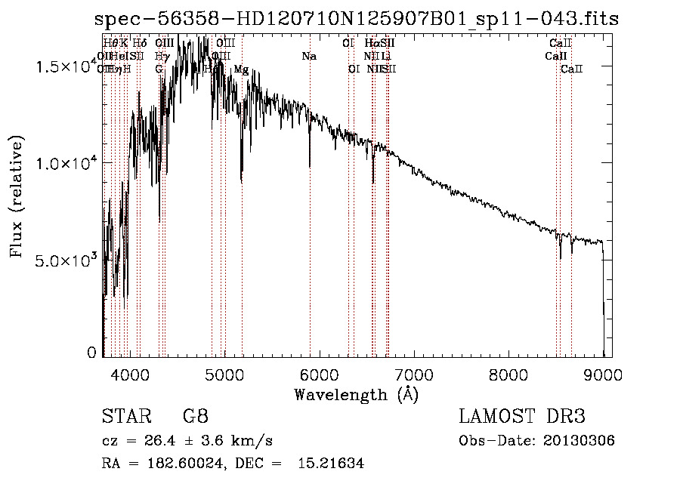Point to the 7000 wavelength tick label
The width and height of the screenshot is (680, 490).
click(x=413, y=374)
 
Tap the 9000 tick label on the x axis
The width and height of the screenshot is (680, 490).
click(x=603, y=374)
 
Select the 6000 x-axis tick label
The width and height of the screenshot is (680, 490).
click(x=318, y=374)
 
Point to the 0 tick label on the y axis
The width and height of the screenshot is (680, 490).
click(x=91, y=352)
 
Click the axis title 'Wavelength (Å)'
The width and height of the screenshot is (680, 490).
click(x=356, y=394)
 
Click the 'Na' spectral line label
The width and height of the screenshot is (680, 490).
click(x=308, y=56)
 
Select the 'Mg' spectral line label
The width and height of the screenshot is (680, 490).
click(x=241, y=69)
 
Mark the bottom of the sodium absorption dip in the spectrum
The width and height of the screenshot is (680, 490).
click(x=310, y=165)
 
